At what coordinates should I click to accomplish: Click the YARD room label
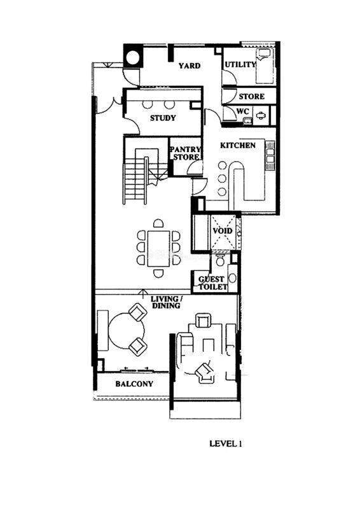pyautogui.click(x=190, y=66)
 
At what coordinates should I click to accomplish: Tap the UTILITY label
pyautogui.click(x=240, y=65)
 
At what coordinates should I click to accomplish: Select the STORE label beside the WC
pyautogui.click(x=252, y=97)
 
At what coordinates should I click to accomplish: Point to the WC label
pyautogui.click(x=242, y=111)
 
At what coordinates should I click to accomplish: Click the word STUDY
pyautogui.click(x=163, y=118)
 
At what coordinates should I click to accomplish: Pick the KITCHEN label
pyautogui.click(x=238, y=145)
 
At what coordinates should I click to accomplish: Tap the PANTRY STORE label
pyautogui.click(x=186, y=153)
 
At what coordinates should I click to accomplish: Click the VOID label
pyautogui.click(x=223, y=230)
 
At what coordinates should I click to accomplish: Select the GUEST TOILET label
pyautogui.click(x=212, y=283)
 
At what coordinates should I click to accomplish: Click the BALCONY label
pyautogui.click(x=134, y=384)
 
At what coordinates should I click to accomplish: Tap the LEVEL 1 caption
pyautogui.click(x=226, y=443)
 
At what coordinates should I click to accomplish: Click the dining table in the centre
pyautogui.click(x=158, y=249)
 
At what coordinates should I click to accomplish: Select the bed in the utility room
pyautogui.click(x=265, y=67)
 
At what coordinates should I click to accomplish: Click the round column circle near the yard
pyautogui.click(x=133, y=59)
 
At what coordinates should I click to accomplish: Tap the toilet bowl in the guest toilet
pyautogui.click(x=220, y=260)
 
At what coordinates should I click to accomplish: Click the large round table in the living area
pyautogui.click(x=127, y=331)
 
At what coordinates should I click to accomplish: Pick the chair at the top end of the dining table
pyautogui.click(x=158, y=223)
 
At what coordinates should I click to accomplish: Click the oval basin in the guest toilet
pyautogui.click(x=232, y=279)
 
